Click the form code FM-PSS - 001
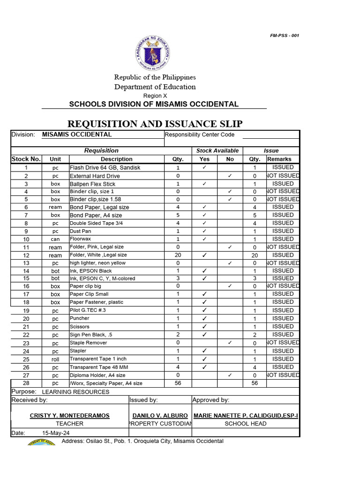click(285, 36)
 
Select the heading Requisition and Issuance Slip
click(155, 124)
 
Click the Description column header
click(117, 159)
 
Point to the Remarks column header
click(279, 159)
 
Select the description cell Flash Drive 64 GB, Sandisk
click(105, 168)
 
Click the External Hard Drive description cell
click(95, 176)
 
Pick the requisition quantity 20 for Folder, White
click(178, 255)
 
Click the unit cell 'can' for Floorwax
click(55, 240)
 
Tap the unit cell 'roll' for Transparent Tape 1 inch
click(55, 360)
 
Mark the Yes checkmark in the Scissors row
click(205, 327)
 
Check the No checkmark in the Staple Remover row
click(230, 343)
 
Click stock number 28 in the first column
click(26, 383)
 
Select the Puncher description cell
click(79, 319)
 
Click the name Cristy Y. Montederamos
click(69, 416)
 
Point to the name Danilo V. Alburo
click(160, 416)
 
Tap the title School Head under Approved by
click(246, 424)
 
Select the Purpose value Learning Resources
click(75, 392)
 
